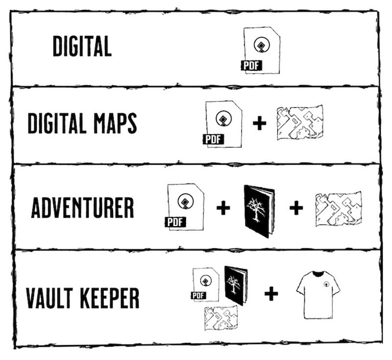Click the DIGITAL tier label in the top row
tap(82, 47)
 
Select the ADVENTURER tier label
tap(82, 208)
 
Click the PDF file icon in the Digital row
tap(262, 51)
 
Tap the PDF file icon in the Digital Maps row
tap(224, 124)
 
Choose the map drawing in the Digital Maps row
tap(300, 123)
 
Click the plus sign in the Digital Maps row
tap(260, 124)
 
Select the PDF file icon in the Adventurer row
tap(185, 206)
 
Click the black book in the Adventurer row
tap(259, 209)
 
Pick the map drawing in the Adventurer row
tap(338, 208)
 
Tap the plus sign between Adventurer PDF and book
tap(223, 208)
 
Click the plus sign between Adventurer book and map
tap(295, 208)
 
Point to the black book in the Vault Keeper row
tap(236, 285)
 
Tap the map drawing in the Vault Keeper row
tap(221, 317)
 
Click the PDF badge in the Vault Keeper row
tap(198, 295)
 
